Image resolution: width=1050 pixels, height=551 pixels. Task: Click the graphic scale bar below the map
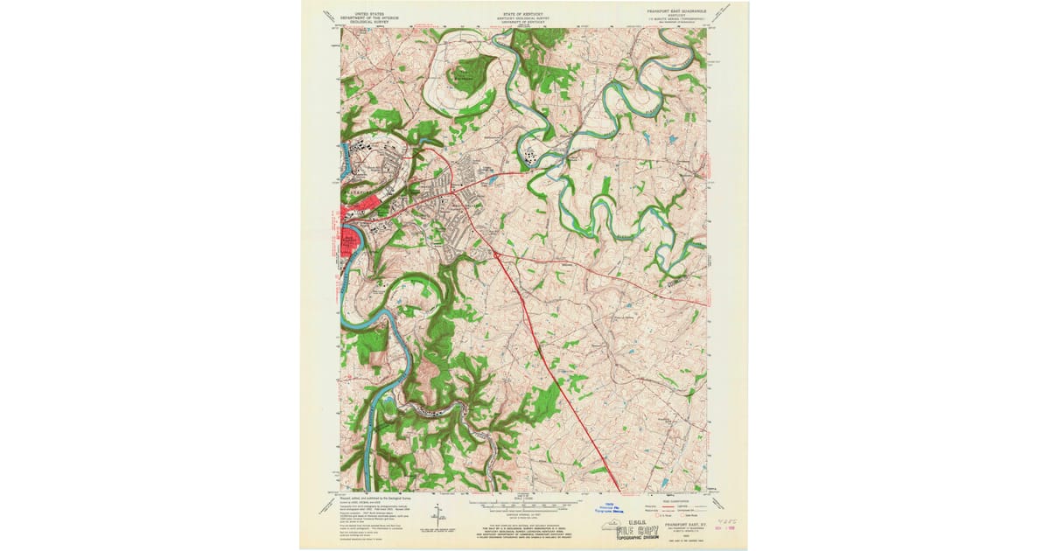[521, 504]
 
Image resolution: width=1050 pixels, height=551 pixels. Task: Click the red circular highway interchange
[495, 255]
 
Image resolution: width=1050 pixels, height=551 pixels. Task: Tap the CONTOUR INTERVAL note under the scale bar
[521, 513]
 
